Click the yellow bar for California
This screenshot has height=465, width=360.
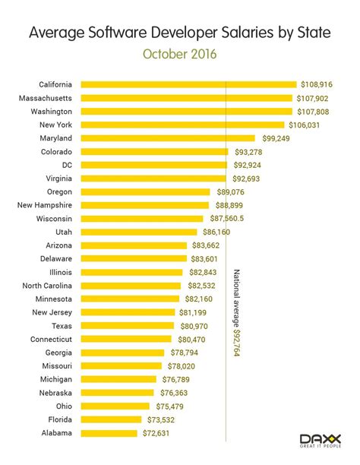point(188,84)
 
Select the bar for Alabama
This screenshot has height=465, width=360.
point(111,433)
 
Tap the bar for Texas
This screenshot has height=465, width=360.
point(127,326)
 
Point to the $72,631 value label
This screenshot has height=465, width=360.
point(160,433)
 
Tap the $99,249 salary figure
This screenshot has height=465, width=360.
point(279,138)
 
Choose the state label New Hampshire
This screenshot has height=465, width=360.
point(45,205)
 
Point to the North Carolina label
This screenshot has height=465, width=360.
point(47,286)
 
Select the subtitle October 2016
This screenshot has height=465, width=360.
point(179,54)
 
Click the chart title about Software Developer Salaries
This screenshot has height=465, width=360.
point(179,33)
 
